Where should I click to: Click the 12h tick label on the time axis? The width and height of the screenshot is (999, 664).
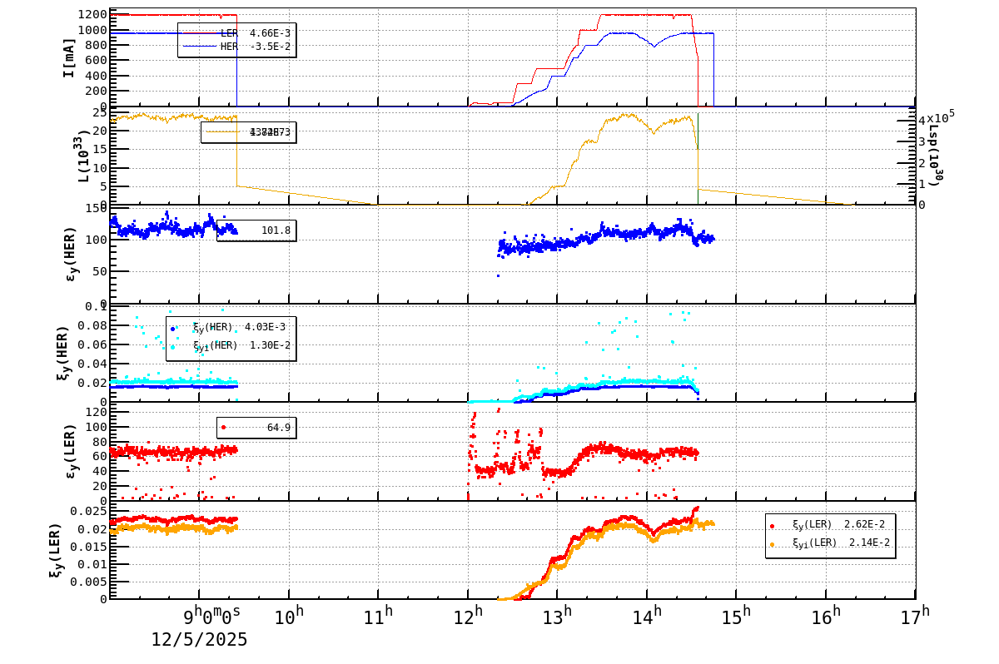(x=469, y=617)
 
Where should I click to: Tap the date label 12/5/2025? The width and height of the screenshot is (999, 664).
(x=199, y=640)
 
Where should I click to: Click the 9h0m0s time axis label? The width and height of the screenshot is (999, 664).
(x=212, y=617)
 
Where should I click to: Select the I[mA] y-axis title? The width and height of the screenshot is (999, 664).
(x=70, y=57)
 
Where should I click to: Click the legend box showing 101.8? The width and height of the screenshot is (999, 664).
(x=256, y=230)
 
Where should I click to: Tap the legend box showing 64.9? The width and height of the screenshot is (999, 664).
(x=256, y=428)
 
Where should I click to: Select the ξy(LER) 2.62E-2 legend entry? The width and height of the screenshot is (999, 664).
(x=830, y=525)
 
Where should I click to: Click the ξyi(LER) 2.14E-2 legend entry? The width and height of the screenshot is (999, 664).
(x=830, y=543)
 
